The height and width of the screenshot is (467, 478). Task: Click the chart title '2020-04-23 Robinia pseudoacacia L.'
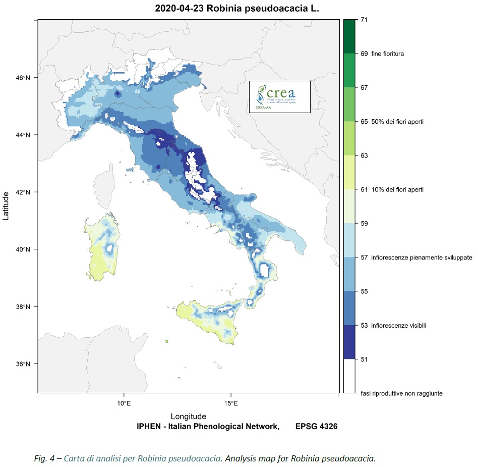click(237, 9)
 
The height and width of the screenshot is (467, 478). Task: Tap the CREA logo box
click(279, 96)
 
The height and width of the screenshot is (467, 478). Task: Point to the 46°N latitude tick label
click(24, 78)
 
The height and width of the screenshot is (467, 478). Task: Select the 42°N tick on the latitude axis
click(24, 192)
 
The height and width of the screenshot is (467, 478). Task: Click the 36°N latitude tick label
click(24, 364)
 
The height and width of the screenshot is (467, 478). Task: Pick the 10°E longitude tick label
click(124, 403)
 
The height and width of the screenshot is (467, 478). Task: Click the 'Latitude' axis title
click(7, 206)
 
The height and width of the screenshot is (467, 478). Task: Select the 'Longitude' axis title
click(188, 417)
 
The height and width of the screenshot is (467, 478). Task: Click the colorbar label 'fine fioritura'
click(388, 53)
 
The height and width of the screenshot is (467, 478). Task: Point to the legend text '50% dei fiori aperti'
click(397, 122)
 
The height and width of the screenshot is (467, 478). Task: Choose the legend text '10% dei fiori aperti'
click(397, 189)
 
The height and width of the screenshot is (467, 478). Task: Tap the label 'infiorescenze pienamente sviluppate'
click(422, 257)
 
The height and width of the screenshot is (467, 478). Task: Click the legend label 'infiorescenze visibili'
click(398, 326)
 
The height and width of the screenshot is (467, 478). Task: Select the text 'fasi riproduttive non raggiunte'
click(402, 393)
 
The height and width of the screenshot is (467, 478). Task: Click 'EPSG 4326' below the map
click(316, 427)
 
